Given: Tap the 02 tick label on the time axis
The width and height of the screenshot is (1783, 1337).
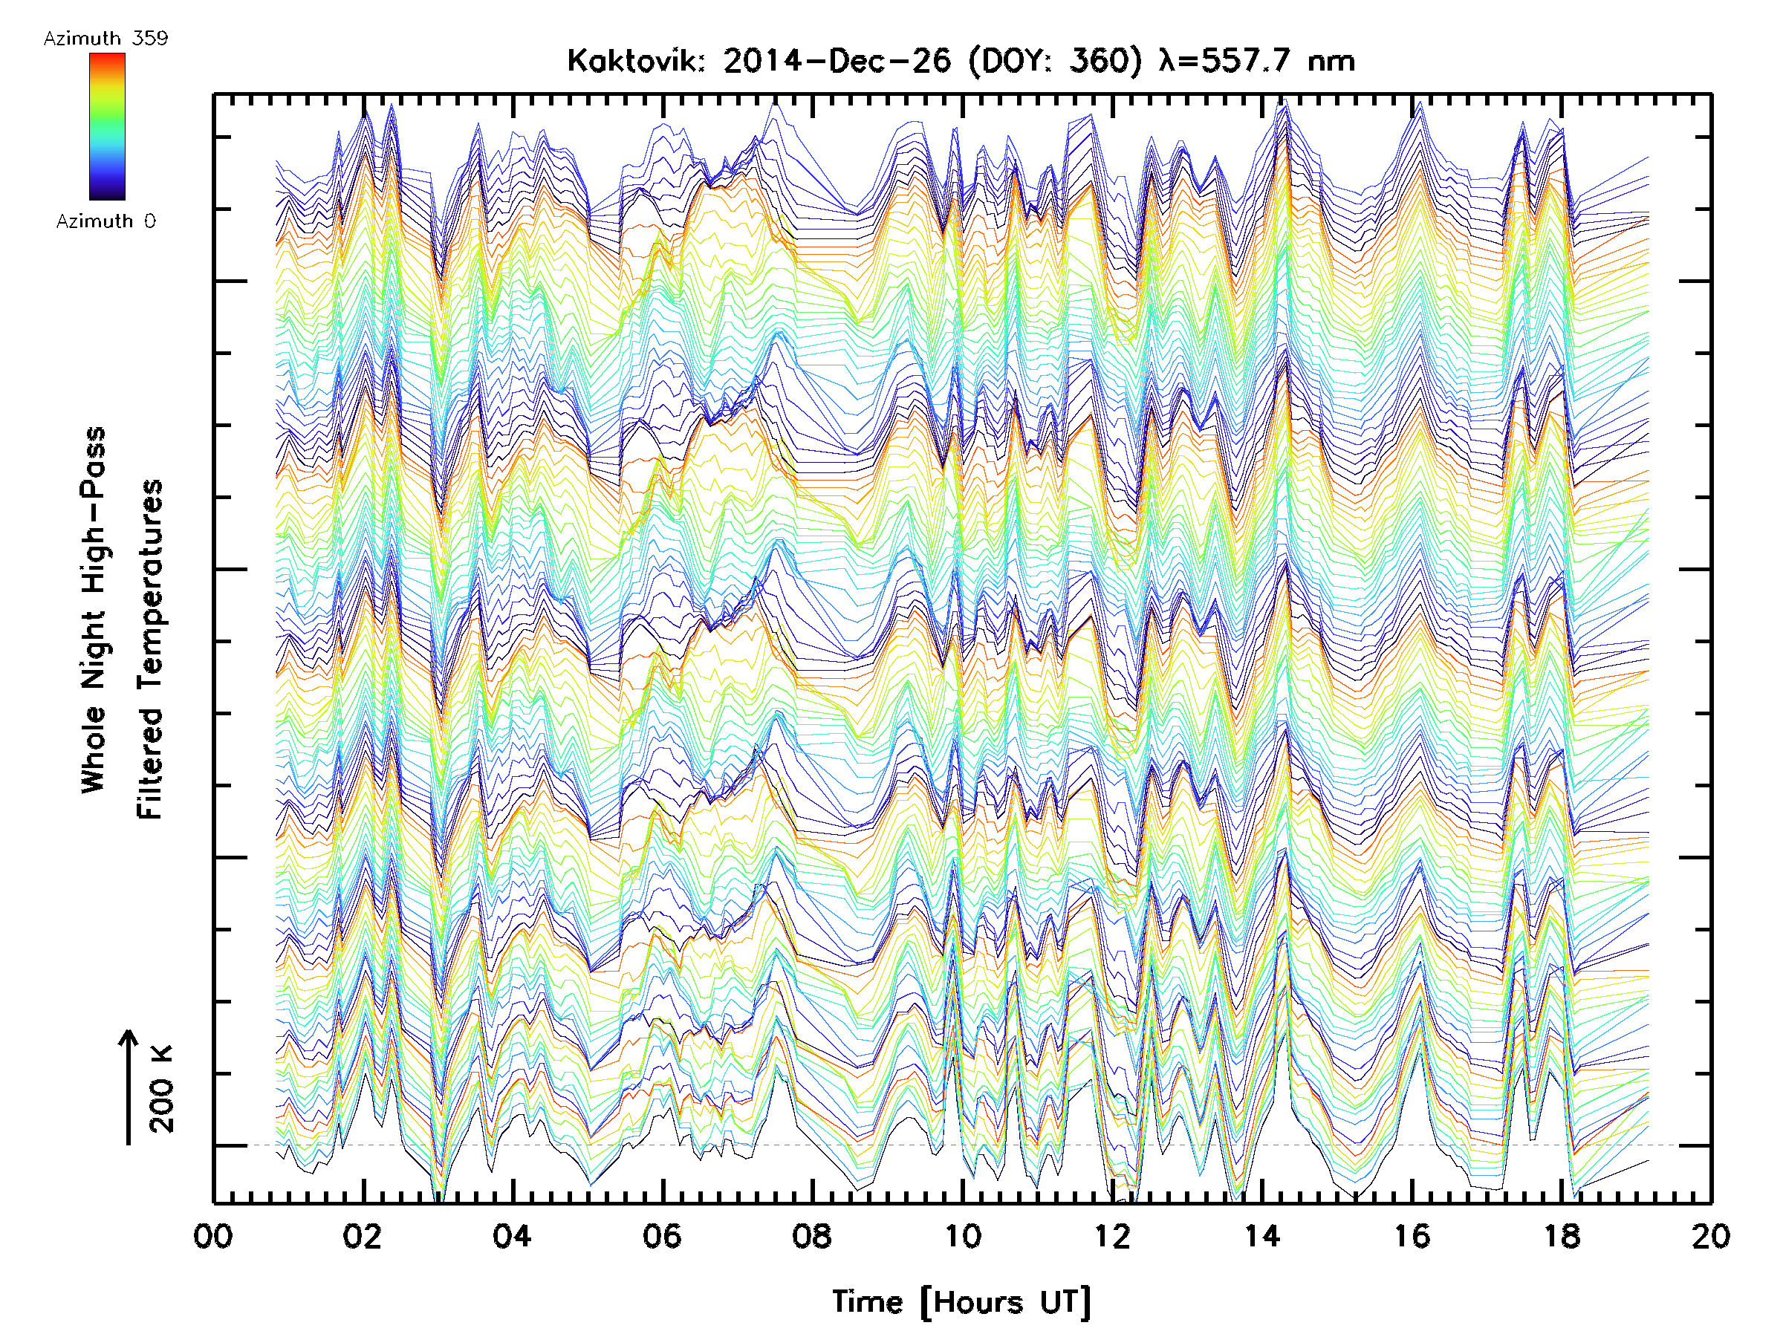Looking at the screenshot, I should pos(363,1236).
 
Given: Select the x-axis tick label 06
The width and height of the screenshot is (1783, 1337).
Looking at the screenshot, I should pos(663,1236).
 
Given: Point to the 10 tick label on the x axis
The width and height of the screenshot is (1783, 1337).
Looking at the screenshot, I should pos(962,1236).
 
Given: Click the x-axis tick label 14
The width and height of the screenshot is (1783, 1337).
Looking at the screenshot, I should pos(1262,1236).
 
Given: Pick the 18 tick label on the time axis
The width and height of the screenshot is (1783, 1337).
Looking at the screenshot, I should pos(1562,1236).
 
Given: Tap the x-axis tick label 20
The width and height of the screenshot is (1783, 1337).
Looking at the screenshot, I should pos(1711,1236).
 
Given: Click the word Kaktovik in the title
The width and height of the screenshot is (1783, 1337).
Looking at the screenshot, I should pos(636,61).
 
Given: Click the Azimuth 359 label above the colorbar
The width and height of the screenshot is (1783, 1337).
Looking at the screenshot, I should pos(105,39).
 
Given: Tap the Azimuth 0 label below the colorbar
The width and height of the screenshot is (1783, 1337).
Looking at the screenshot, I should pos(105,221).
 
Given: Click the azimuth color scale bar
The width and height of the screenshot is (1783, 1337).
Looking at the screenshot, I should pos(107,126).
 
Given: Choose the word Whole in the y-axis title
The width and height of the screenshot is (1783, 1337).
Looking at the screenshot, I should pos(94,749).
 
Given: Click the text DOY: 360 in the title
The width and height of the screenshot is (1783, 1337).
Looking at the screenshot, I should pos(1056,61).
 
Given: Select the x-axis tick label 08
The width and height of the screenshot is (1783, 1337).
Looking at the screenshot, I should pos(813,1236).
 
